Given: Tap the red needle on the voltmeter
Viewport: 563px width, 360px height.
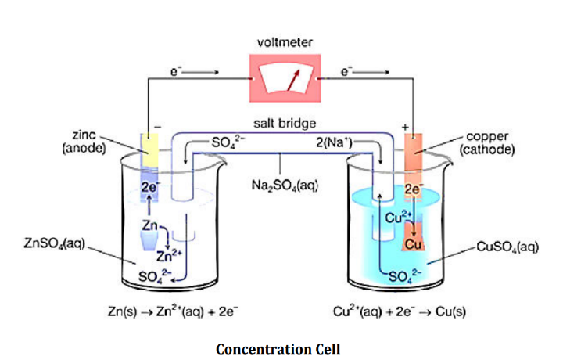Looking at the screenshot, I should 293,80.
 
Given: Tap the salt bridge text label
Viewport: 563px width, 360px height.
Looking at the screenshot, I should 284,124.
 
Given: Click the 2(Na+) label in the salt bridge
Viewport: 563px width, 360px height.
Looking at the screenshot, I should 337,142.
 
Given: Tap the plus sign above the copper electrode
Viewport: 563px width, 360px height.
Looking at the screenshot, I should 405,125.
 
